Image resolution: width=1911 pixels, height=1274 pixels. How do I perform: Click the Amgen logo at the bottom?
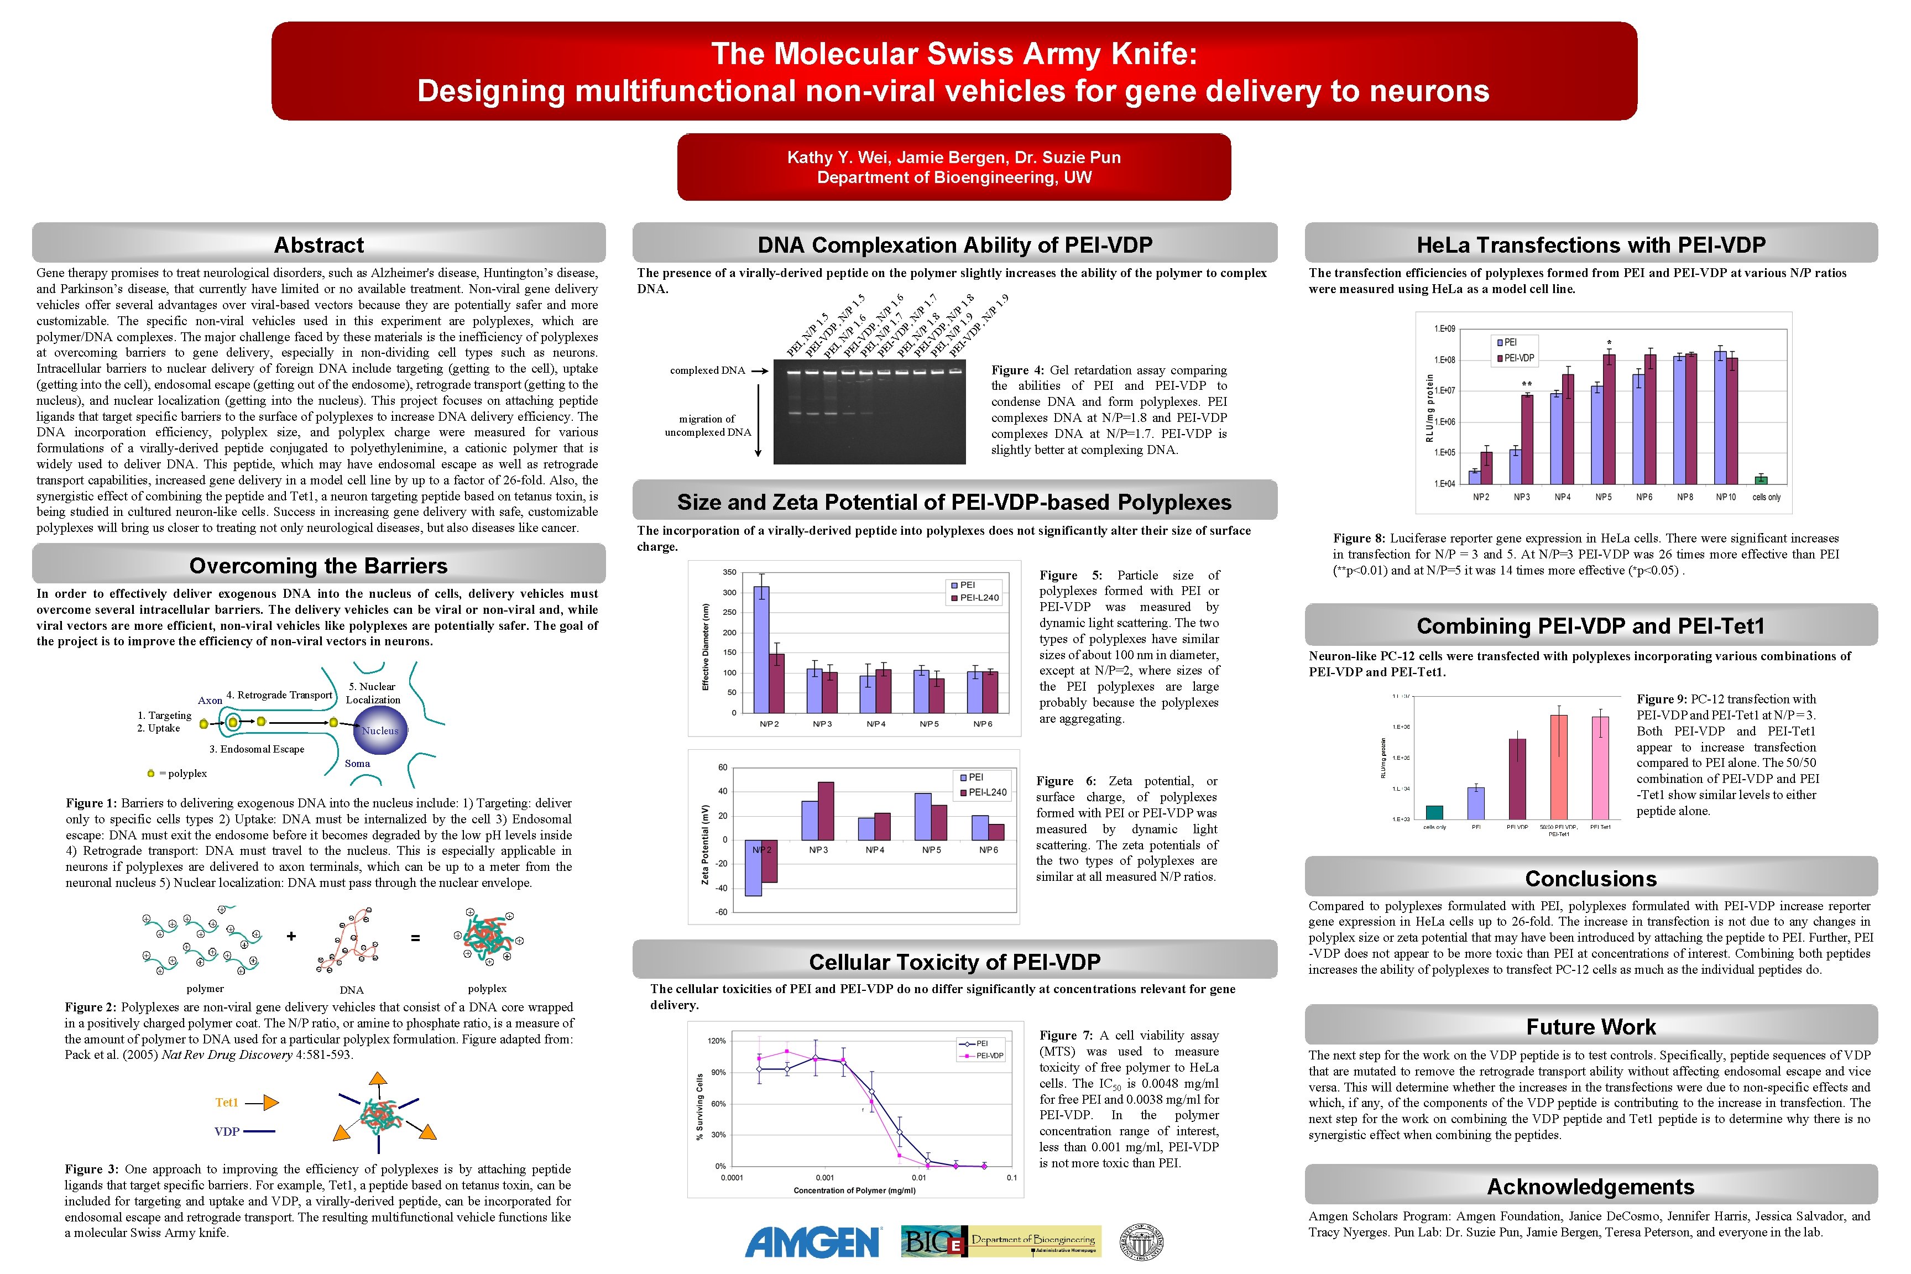[x=812, y=1241]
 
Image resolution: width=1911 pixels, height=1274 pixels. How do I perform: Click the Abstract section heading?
[x=318, y=244]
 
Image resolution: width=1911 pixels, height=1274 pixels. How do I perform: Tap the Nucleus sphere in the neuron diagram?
[x=379, y=730]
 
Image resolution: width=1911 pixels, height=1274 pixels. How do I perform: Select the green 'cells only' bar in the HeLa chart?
[x=1761, y=479]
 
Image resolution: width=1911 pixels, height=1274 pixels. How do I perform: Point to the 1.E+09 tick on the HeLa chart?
[x=1445, y=329]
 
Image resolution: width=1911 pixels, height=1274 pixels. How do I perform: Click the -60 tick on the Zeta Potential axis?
[x=722, y=912]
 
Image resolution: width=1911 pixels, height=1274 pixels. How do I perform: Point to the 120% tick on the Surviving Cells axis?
[x=717, y=1041]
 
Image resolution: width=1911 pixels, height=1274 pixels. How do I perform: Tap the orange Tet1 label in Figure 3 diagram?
[x=227, y=1103]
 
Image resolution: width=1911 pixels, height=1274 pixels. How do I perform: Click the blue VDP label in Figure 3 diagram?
[x=227, y=1131]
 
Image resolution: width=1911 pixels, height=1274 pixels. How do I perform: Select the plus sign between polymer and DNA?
[x=291, y=937]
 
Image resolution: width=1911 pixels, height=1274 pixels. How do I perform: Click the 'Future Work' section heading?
[x=1590, y=1027]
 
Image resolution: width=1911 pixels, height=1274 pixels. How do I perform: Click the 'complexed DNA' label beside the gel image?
[x=707, y=370]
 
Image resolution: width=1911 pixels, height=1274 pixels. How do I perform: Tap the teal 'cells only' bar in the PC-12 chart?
[x=1434, y=812]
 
